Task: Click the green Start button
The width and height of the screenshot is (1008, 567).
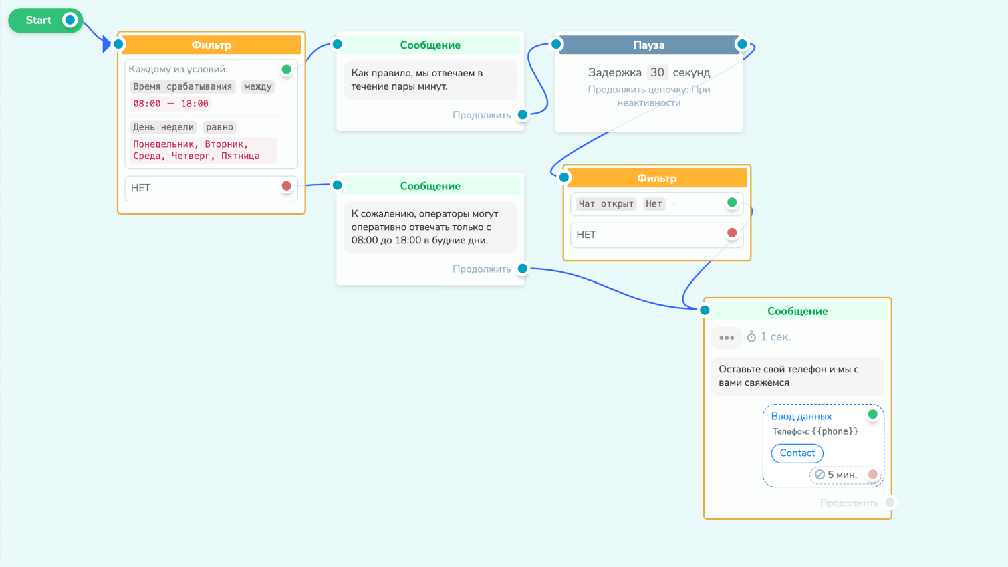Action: click(45, 20)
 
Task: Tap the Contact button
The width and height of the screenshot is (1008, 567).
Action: click(797, 453)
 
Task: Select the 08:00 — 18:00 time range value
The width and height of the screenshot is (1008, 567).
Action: click(170, 104)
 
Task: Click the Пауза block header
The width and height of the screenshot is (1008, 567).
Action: click(649, 45)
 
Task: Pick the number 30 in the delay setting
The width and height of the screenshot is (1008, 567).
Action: click(657, 72)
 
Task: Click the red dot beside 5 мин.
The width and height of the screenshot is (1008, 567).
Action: click(872, 474)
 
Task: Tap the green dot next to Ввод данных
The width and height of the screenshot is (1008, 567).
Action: click(872, 414)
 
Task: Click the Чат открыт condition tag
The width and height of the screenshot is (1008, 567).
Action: click(606, 204)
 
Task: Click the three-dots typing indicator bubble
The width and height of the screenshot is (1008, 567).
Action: click(727, 338)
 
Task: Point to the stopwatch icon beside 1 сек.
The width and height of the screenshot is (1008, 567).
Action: click(751, 336)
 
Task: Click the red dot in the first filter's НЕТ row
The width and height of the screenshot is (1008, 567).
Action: click(286, 186)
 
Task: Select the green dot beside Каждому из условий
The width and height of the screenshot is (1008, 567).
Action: click(286, 70)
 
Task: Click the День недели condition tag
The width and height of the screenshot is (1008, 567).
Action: click(163, 127)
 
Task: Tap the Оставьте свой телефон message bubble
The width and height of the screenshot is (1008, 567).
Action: click(797, 376)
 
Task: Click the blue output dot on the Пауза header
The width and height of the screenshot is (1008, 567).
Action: click(742, 44)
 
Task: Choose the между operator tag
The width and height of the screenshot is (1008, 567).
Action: click(258, 86)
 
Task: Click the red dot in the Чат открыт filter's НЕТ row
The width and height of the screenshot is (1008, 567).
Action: click(732, 233)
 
